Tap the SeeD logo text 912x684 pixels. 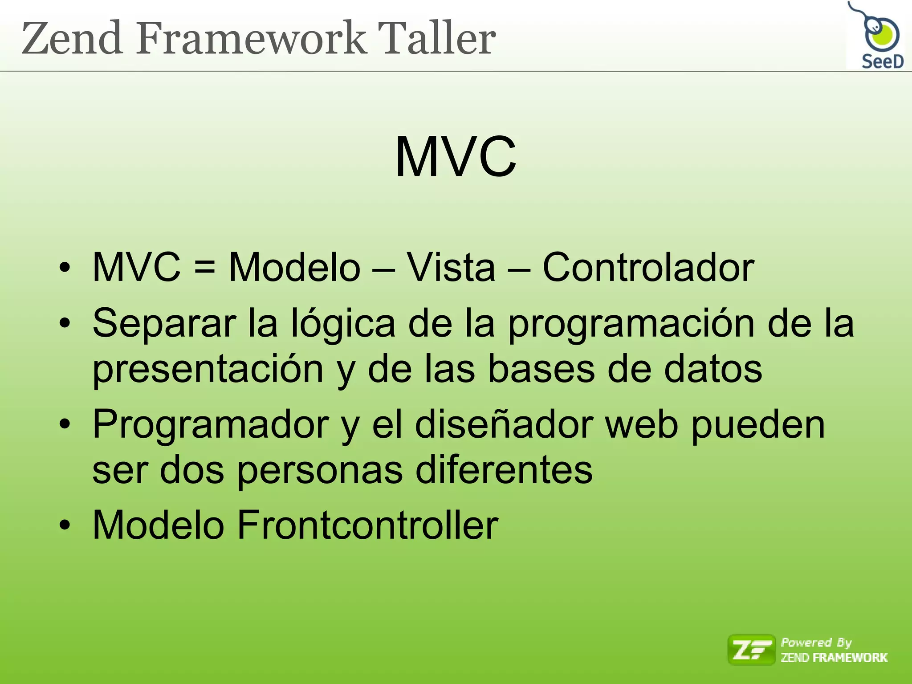point(882,61)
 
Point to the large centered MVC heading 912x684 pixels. point(456,157)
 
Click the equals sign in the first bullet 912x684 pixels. point(204,268)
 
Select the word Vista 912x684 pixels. point(451,267)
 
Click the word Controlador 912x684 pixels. point(648,267)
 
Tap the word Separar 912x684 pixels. point(164,324)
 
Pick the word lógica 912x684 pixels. point(343,324)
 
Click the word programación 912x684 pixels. point(631,324)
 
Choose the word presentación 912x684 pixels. point(208,370)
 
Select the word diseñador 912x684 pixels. point(504,424)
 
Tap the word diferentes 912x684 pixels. point(504,470)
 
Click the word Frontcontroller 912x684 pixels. point(367,525)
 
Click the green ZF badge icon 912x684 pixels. point(751,650)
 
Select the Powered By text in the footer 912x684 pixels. point(816,643)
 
